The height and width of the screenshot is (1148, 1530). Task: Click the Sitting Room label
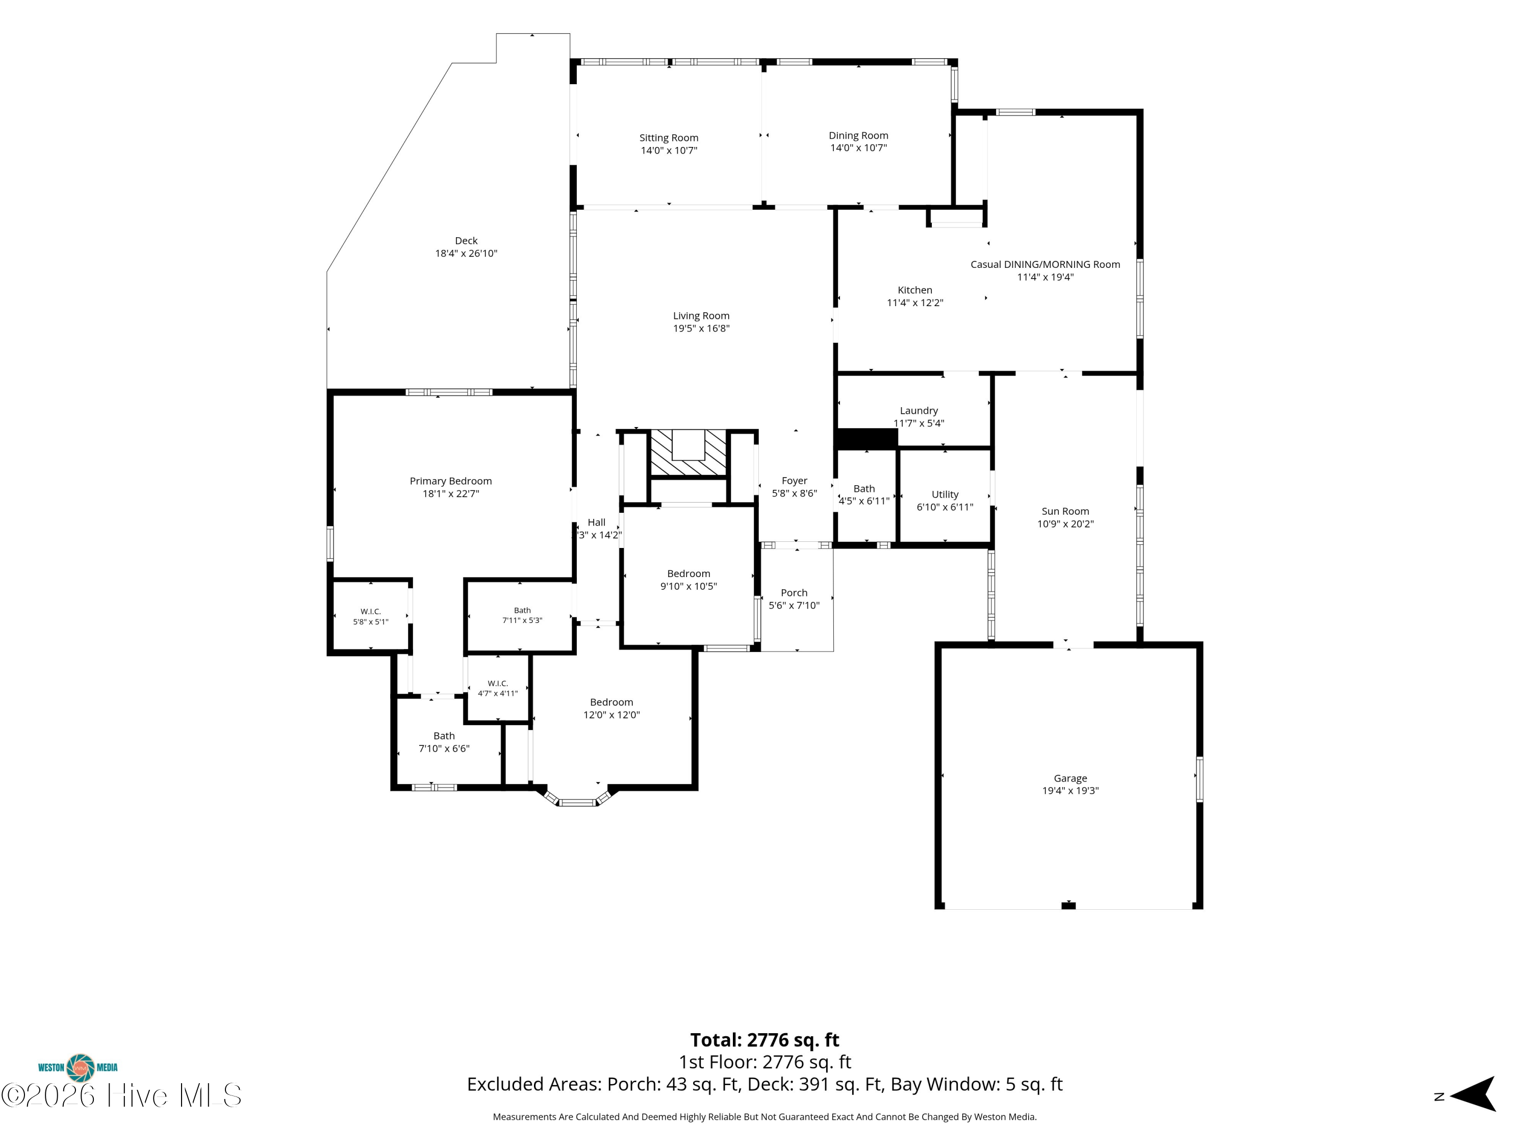point(669,138)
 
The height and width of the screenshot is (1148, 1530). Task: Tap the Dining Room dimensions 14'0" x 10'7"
point(858,148)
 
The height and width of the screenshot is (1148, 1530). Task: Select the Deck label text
point(466,241)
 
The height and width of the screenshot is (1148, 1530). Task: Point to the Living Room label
point(701,315)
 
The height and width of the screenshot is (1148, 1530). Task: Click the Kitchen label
point(915,290)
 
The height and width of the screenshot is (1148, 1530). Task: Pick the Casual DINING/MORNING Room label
point(1045,264)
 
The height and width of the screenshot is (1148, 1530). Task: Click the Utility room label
point(945,495)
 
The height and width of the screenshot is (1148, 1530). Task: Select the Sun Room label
point(1065,511)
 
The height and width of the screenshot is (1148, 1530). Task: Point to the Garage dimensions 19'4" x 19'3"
point(1070,791)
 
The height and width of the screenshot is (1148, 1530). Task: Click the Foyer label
point(795,481)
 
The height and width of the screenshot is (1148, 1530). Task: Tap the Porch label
point(794,593)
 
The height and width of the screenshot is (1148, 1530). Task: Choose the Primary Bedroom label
point(451,481)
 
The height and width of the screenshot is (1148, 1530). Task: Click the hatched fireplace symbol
point(688,453)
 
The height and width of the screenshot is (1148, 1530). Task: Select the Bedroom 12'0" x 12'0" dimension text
point(611,715)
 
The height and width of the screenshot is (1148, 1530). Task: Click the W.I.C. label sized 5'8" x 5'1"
point(371,612)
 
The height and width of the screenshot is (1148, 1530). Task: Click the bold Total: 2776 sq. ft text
point(764,1040)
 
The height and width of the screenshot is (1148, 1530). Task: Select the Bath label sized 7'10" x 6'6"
point(444,736)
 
